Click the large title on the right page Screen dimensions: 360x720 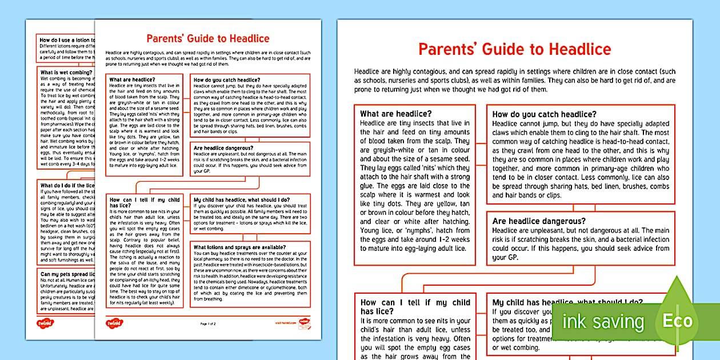514,49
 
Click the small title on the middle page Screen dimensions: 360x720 208,39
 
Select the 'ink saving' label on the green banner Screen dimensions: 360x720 603,321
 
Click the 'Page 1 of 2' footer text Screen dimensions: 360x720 209,324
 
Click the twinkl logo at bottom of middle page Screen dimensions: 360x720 115,323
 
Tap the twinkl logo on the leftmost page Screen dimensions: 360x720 50,320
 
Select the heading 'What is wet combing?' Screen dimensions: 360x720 65,72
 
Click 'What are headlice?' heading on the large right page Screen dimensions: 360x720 395,114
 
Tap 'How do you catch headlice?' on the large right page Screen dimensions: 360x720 544,114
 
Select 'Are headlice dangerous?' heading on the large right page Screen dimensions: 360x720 539,221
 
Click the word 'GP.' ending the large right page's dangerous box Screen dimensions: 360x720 498,258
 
